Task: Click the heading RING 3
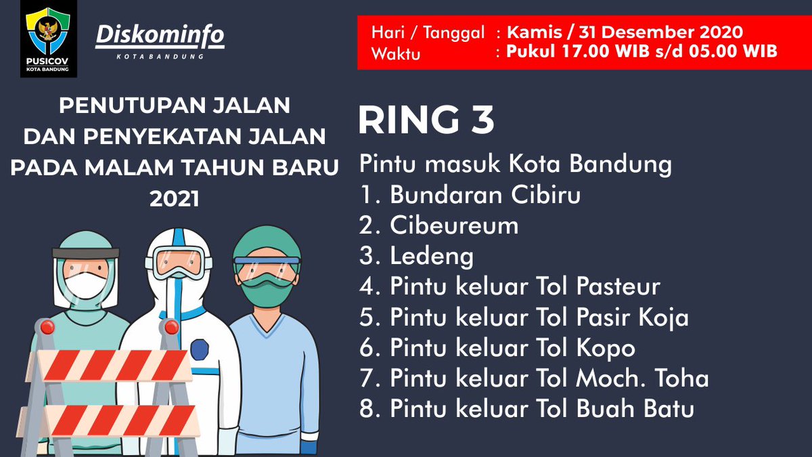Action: (x=426, y=120)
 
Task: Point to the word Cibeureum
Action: (x=454, y=225)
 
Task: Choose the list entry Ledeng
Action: (x=432, y=256)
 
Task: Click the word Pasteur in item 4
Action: (x=618, y=286)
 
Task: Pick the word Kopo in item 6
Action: (x=606, y=348)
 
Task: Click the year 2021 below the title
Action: (x=175, y=199)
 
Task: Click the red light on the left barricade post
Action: (x=47, y=328)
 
